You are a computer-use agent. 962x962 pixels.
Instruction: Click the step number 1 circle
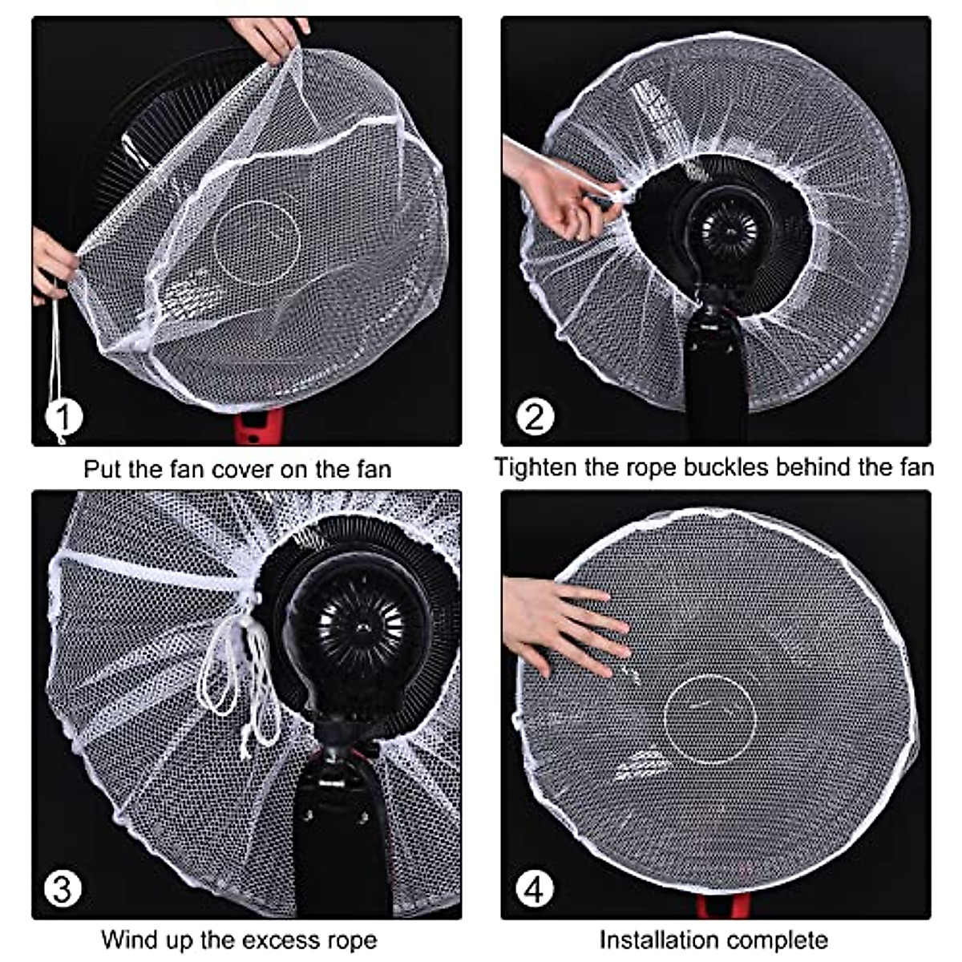(64, 417)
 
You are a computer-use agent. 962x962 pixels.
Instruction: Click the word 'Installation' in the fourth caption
(662, 939)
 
